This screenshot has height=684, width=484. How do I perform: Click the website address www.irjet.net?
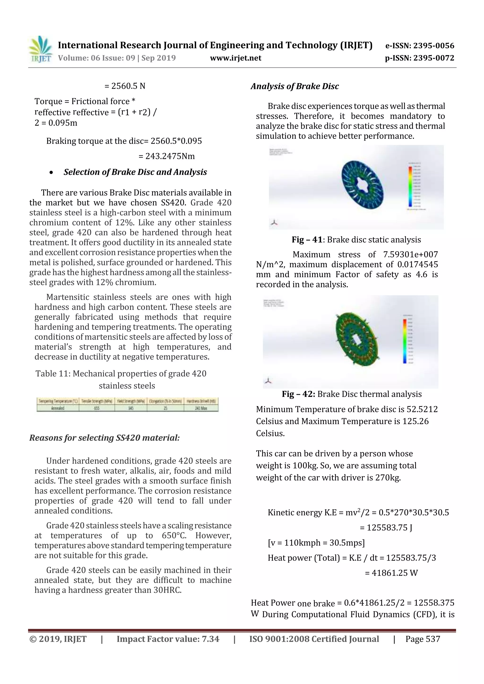(235, 58)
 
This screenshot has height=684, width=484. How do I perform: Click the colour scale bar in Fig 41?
(410, 187)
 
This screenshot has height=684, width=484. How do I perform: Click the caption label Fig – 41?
(307, 240)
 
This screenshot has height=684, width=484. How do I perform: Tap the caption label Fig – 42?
(298, 394)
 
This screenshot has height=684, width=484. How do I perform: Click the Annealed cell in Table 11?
(58, 408)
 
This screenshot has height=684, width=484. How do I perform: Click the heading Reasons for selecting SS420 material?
(104, 438)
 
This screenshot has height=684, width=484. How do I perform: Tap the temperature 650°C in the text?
(174, 535)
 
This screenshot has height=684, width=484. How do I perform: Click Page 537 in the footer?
(422, 639)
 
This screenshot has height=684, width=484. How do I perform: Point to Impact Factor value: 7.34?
(168, 639)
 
